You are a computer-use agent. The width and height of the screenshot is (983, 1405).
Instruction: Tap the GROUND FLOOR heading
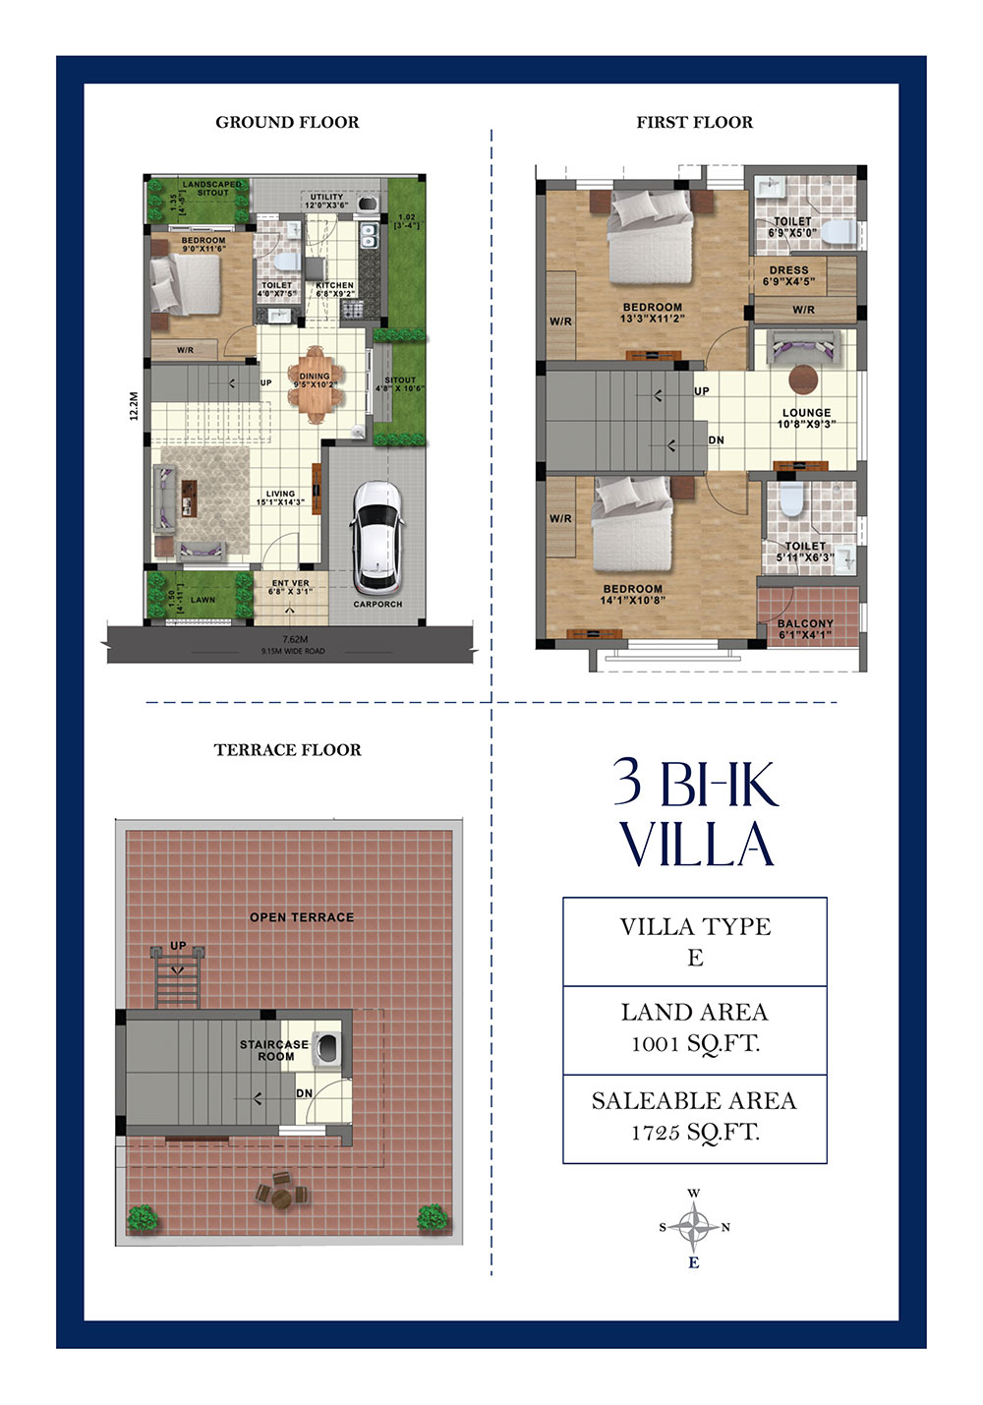point(287,122)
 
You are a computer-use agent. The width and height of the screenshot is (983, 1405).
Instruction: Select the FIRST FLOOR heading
point(694,122)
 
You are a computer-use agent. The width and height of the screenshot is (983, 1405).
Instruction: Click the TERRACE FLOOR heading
point(287,749)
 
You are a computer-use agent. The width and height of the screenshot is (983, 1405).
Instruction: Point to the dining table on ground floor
point(316,383)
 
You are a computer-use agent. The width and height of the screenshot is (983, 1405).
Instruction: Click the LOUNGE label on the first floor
point(806,413)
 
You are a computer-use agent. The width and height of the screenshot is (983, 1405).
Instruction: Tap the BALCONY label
point(805,623)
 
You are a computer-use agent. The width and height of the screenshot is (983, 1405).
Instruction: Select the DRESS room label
point(788,270)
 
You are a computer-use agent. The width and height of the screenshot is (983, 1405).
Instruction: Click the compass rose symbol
point(694,1227)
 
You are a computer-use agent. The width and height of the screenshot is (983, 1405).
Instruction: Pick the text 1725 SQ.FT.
point(694,1133)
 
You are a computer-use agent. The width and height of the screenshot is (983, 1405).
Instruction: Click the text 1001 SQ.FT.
point(694,1044)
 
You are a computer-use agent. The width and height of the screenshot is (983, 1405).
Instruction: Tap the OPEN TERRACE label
point(301,917)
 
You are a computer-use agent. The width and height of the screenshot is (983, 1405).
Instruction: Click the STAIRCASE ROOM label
point(274,1050)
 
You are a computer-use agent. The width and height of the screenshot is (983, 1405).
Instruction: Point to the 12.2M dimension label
point(135,406)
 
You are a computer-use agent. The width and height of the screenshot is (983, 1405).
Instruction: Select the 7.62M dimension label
point(295,639)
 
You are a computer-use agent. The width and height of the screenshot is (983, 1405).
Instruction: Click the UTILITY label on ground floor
point(326,197)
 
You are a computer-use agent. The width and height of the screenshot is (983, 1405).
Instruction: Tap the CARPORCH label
point(377,604)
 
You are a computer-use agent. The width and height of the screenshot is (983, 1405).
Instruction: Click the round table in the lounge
point(803,379)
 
